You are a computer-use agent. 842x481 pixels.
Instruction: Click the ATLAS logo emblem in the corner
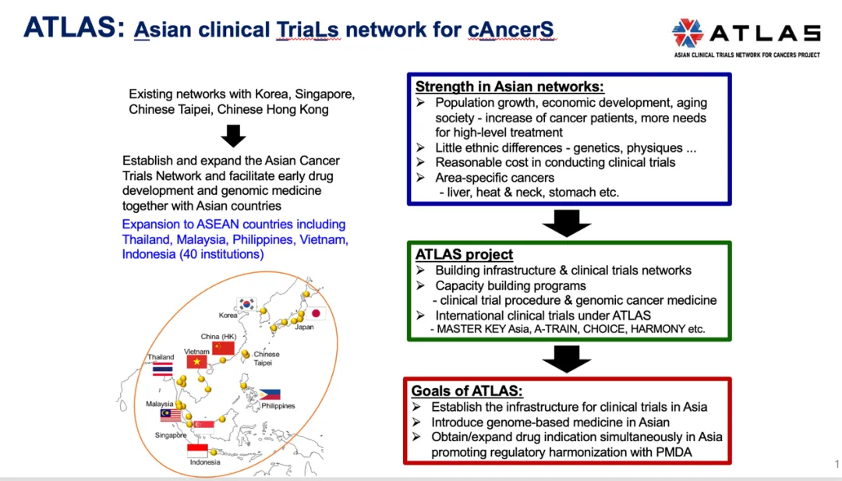click(688, 33)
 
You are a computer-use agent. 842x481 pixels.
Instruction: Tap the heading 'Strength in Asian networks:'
click(510, 87)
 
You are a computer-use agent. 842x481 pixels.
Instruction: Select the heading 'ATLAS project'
click(464, 255)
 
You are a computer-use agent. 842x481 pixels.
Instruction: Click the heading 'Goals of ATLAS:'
click(467, 391)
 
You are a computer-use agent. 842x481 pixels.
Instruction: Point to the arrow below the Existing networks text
click(233, 136)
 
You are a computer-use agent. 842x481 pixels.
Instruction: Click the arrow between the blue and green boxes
click(567, 222)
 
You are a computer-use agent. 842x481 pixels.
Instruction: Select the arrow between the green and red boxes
click(567, 359)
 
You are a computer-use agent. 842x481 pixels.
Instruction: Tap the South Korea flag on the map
click(247, 304)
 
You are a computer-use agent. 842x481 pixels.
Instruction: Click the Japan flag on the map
click(317, 313)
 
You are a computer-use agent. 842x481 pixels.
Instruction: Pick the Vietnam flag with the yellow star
click(196, 362)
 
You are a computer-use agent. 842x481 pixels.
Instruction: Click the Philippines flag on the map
click(270, 394)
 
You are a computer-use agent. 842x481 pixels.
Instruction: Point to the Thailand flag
click(162, 369)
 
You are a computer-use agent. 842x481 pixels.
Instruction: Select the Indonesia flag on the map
click(198, 451)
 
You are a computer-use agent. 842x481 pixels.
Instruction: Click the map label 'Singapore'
click(171, 436)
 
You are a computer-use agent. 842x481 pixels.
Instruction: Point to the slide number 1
click(837, 465)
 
